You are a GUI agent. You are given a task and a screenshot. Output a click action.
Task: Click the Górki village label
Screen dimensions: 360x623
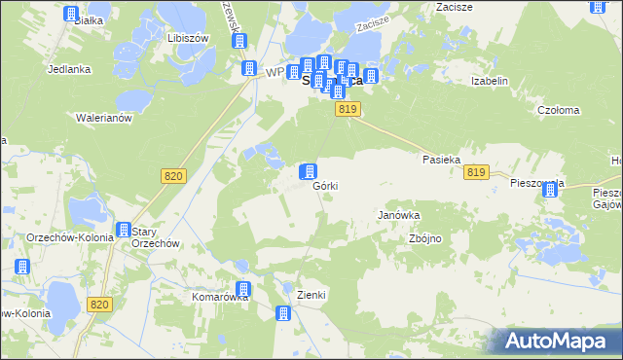[x=325, y=187]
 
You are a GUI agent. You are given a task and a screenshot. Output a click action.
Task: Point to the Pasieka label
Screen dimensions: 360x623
[x=441, y=159]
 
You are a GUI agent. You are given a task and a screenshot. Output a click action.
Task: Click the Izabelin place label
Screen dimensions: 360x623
[x=490, y=82]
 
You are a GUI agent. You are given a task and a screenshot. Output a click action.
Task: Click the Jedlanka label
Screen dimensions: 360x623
[x=69, y=69]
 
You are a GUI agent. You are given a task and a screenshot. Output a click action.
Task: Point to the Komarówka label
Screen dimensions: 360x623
[x=221, y=297]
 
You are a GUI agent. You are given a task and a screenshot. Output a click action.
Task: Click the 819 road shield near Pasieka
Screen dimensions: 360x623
[x=475, y=172]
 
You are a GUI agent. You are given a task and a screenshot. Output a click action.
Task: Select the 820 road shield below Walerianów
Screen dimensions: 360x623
[x=172, y=175]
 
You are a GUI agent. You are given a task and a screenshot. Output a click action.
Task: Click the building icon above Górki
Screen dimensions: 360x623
[x=308, y=171]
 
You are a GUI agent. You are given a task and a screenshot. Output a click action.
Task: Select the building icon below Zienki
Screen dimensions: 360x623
[x=283, y=313]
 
